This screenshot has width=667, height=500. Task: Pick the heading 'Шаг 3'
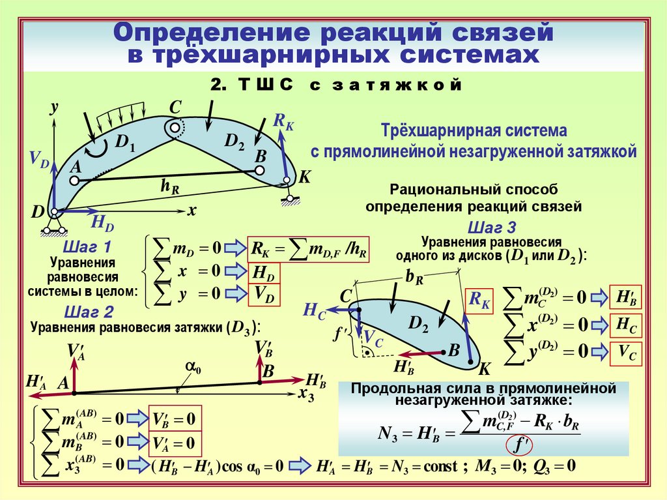click(x=492, y=227)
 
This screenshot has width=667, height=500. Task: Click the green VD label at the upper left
click(x=38, y=160)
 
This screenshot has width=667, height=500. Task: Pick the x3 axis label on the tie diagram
click(x=306, y=395)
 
